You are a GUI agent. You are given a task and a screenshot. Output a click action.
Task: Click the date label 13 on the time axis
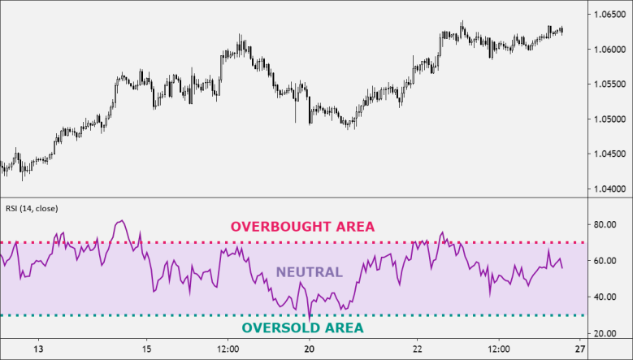coord(38,349)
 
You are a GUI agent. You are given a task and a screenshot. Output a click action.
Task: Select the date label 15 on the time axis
coord(146,349)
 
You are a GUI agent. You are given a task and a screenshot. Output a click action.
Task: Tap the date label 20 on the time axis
coord(309,349)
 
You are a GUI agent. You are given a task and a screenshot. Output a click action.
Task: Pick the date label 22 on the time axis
coord(417,349)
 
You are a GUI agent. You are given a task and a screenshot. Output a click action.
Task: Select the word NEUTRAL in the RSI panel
coord(309,272)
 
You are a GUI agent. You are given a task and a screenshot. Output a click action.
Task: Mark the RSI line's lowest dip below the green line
coord(310,319)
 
